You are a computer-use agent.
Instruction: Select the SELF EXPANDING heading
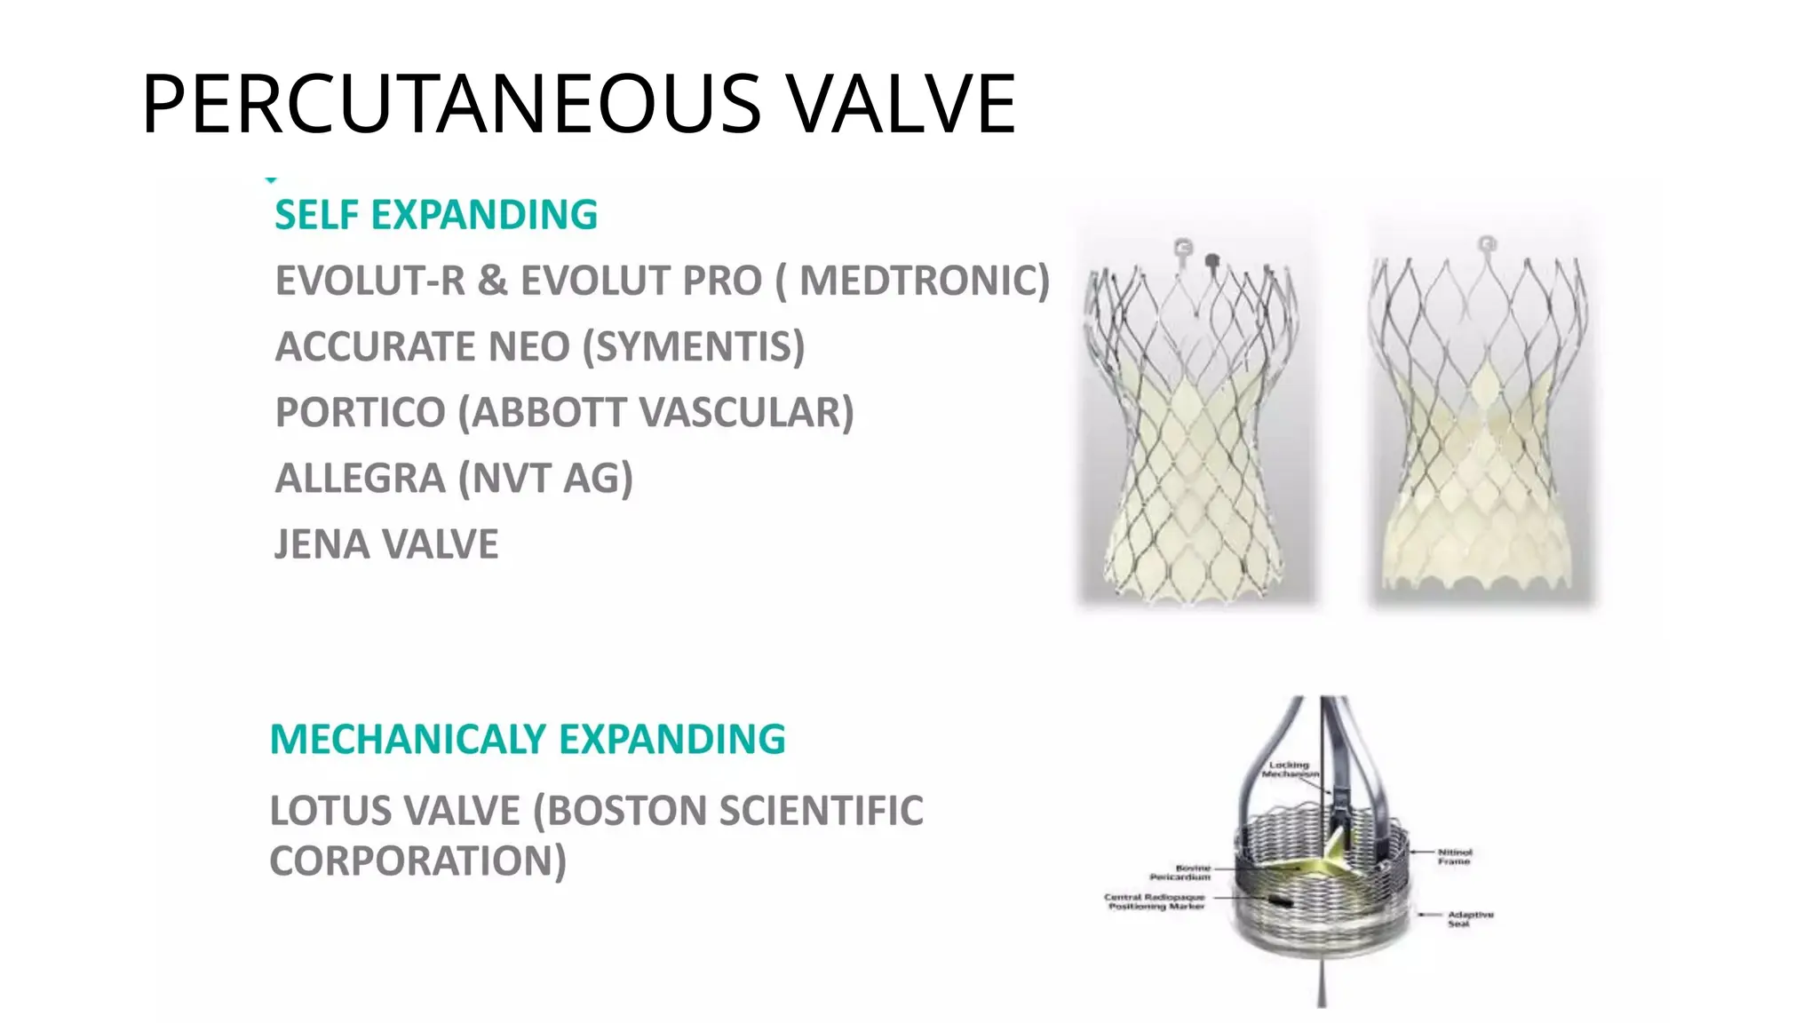(x=436, y=215)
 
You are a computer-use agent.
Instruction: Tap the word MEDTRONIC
(x=924, y=281)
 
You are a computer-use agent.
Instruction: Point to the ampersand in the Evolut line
(x=492, y=281)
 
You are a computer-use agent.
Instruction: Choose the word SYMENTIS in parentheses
(x=694, y=346)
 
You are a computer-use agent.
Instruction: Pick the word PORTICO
(x=361, y=412)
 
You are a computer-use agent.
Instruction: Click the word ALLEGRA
(x=361, y=478)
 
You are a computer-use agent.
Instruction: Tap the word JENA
(x=319, y=543)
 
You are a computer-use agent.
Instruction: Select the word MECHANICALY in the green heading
(x=408, y=739)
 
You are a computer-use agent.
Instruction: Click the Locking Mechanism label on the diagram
(x=1289, y=769)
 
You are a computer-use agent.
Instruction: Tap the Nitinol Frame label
(x=1455, y=856)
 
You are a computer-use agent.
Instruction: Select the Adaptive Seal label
(x=1471, y=918)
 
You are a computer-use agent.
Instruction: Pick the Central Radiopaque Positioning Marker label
(x=1156, y=901)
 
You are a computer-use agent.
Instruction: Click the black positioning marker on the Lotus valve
(x=1280, y=900)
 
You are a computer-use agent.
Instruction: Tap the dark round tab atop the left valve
(x=1211, y=260)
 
